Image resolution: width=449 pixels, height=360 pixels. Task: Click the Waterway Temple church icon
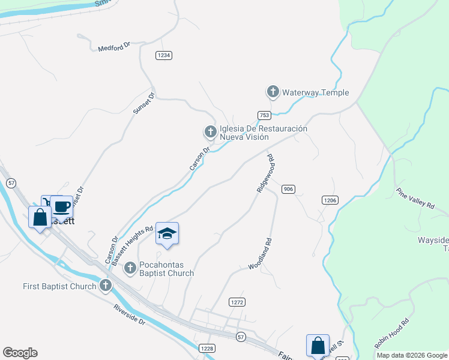click(273, 92)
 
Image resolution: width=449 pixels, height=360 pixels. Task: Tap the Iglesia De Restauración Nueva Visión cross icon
click(210, 131)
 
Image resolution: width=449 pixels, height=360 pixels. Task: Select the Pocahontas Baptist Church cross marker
click(130, 268)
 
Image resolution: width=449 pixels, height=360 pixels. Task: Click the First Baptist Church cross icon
click(106, 286)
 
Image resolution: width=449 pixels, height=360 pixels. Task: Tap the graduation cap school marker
click(167, 234)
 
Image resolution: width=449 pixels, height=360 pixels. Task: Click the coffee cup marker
click(62, 207)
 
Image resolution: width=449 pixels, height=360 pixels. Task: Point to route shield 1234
click(164, 55)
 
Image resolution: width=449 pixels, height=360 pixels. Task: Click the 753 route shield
click(264, 115)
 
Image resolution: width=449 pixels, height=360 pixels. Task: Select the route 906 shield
click(288, 189)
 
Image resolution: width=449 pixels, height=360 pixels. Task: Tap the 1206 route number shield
click(330, 200)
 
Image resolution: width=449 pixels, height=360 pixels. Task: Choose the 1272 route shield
click(237, 302)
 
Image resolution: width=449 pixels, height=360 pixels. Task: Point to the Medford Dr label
click(114, 47)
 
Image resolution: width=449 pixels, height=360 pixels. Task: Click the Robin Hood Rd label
click(391, 334)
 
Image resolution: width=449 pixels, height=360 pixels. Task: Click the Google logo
click(20, 353)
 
